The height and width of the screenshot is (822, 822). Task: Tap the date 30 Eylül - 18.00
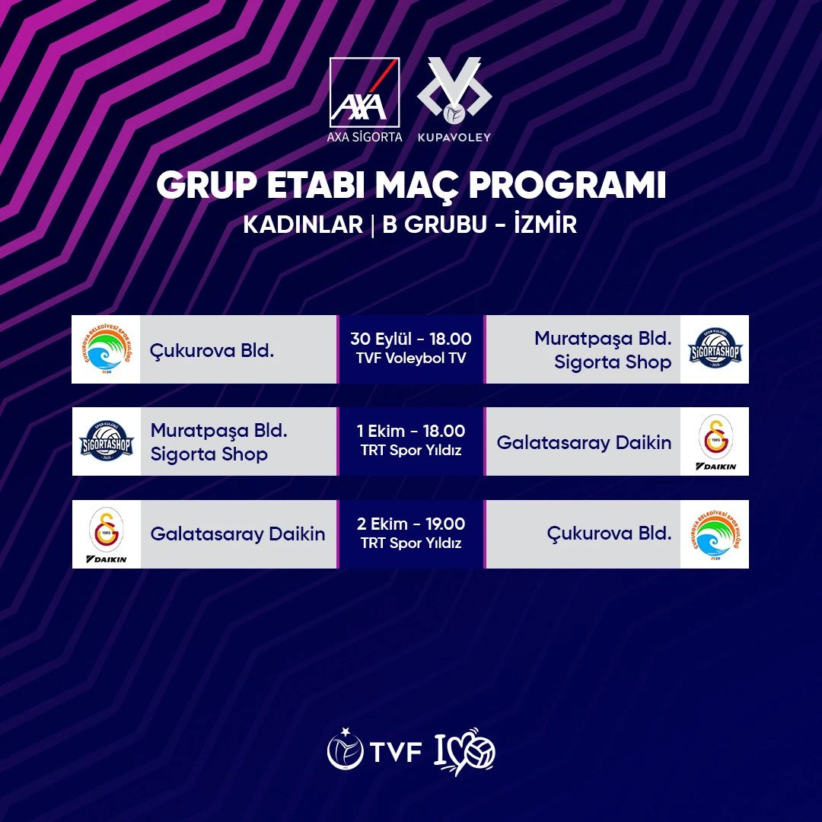click(411, 339)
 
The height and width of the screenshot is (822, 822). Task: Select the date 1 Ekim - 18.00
click(411, 432)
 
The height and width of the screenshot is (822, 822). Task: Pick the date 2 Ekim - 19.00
click(411, 524)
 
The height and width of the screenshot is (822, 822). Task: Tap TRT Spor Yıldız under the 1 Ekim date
click(411, 451)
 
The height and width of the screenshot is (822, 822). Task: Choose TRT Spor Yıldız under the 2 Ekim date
click(411, 543)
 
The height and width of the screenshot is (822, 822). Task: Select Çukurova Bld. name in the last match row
click(609, 534)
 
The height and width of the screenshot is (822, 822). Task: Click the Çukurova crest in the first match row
click(106, 349)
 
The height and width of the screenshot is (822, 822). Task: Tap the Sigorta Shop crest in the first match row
click(715, 349)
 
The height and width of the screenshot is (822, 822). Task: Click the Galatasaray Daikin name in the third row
click(237, 534)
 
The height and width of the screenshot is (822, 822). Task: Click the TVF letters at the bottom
click(396, 752)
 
